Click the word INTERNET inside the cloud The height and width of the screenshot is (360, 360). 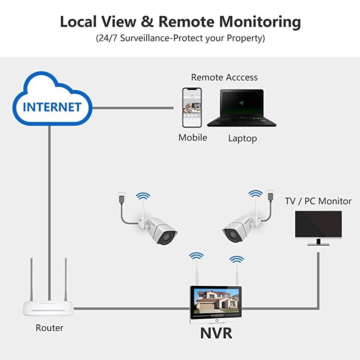click(x=52, y=107)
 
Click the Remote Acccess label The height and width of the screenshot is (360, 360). click(x=224, y=77)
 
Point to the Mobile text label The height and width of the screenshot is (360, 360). click(x=193, y=138)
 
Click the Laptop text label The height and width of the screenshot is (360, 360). click(x=243, y=139)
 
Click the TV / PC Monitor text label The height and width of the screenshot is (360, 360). click(x=318, y=201)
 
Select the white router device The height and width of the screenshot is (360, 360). click(x=49, y=308)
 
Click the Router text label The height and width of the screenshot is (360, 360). click(x=49, y=328)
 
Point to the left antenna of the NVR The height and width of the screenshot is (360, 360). click(x=197, y=274)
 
